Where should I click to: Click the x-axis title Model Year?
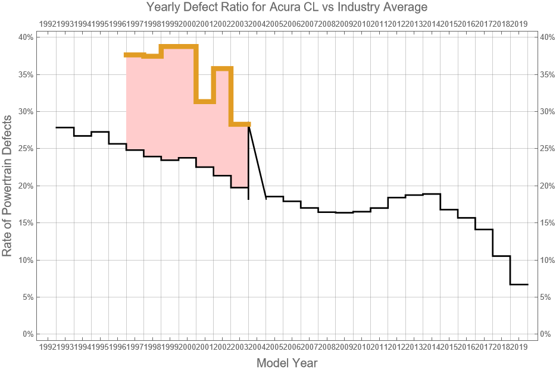(287, 362)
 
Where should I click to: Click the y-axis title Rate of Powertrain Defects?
(8, 185)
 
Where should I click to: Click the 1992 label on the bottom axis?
(47, 346)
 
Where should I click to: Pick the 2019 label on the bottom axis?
(518, 346)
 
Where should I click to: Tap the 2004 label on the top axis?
(257, 24)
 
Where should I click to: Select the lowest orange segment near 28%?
(240, 124)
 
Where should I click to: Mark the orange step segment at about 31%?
(205, 102)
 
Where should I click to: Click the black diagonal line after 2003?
(257, 161)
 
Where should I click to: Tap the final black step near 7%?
(518, 284)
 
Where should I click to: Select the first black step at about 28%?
(64, 127)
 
